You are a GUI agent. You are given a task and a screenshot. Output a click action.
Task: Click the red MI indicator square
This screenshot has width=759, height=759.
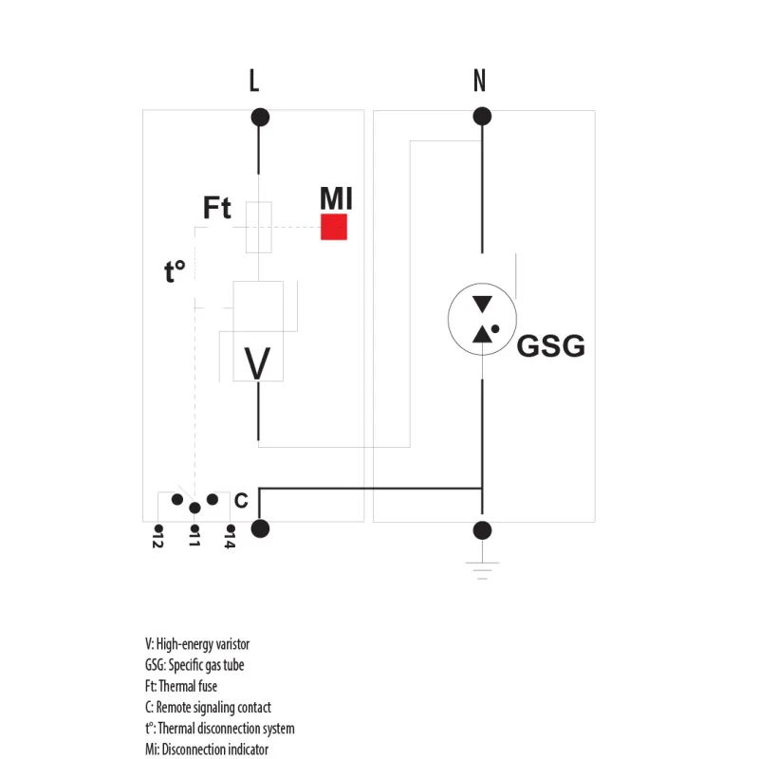[333, 227]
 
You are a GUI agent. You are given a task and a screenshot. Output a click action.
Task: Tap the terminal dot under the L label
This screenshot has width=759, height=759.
[259, 118]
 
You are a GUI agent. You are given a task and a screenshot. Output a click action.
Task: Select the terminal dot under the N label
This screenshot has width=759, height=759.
[482, 117]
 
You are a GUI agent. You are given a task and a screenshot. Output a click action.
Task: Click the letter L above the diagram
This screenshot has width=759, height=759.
[253, 82]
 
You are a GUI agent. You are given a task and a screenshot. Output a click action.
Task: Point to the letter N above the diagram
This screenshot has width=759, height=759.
[479, 82]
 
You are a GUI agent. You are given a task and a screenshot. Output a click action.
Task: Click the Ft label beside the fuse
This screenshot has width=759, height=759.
[217, 208]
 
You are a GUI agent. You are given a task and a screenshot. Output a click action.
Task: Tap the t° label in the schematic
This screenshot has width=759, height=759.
[175, 272]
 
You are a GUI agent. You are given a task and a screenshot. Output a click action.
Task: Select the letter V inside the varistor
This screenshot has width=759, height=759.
[257, 362]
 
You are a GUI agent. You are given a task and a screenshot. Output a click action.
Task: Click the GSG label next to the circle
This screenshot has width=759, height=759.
[550, 346]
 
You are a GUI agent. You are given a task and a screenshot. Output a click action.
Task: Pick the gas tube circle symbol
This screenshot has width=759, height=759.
[483, 319]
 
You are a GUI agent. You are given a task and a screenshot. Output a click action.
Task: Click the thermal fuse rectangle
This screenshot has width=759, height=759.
[258, 227]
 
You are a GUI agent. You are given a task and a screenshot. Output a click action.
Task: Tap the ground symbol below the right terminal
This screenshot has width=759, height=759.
[483, 568]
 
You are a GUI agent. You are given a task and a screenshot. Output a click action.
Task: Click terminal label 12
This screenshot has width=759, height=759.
[158, 540]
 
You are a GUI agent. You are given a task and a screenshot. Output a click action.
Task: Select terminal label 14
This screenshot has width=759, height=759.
[230, 540]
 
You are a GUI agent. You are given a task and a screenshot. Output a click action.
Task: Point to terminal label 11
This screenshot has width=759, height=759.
[194, 540]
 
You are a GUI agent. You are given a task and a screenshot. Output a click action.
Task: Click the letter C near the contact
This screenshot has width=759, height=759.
[241, 500]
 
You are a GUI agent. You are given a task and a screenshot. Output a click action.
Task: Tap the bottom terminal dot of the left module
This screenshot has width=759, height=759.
[259, 528]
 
